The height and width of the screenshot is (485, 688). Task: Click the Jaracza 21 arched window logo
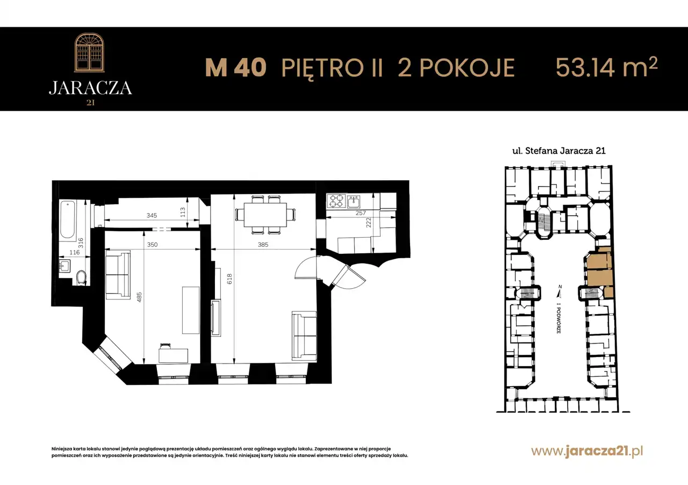click(x=90, y=53)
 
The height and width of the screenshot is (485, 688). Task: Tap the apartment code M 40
click(x=235, y=68)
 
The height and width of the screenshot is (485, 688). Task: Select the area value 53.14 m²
click(x=606, y=67)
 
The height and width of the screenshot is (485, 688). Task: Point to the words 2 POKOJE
click(x=456, y=68)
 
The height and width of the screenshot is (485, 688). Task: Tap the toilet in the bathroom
click(x=81, y=277)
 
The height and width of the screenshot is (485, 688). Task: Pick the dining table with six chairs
click(x=266, y=215)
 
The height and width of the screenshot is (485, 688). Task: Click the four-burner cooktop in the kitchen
click(x=336, y=201)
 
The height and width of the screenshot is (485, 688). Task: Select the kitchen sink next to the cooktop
click(x=354, y=202)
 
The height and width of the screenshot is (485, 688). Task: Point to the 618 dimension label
click(x=230, y=279)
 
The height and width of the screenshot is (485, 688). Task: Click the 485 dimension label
click(x=139, y=297)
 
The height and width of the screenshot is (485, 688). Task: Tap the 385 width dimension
click(x=263, y=244)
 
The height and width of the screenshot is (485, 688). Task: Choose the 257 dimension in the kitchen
click(x=361, y=213)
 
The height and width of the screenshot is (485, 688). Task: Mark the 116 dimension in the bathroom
click(x=75, y=252)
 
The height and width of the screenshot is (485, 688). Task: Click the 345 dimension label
click(x=152, y=216)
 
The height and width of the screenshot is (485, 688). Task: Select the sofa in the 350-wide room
click(x=118, y=274)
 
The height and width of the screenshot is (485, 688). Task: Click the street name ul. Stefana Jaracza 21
click(x=559, y=151)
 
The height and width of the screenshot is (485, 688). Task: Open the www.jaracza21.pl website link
click(x=587, y=452)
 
